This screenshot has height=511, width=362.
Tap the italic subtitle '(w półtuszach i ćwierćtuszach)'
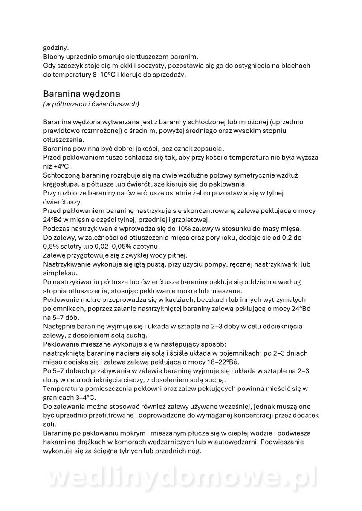click(91, 104)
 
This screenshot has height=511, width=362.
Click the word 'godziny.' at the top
click(55, 48)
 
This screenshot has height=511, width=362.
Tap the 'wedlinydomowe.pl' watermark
click(181, 477)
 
